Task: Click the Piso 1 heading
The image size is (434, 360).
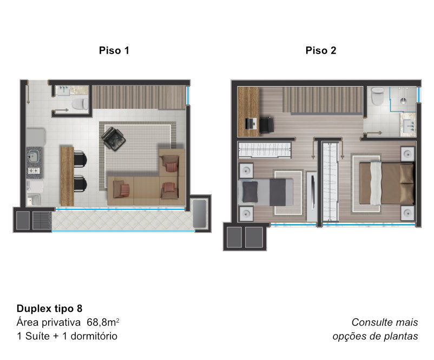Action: [114, 50]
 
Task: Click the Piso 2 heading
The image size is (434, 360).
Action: [321, 50]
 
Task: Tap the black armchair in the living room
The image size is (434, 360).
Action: [114, 139]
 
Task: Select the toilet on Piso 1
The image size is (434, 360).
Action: [80, 104]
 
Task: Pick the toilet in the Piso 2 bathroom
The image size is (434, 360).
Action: [377, 96]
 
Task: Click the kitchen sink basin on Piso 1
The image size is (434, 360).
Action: [33, 157]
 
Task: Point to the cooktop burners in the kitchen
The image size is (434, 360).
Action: [34, 171]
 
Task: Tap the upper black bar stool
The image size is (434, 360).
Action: [80, 159]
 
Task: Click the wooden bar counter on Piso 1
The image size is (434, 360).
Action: [67, 176]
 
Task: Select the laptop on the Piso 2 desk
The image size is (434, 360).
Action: [251, 123]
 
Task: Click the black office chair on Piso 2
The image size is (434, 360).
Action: [266, 125]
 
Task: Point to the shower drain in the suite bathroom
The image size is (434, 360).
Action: [403, 101]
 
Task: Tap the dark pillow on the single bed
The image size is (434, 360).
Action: [250, 191]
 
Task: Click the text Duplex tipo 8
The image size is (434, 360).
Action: [50, 309]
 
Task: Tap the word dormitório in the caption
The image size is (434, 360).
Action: [94, 336]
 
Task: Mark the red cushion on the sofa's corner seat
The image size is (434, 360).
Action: [172, 167]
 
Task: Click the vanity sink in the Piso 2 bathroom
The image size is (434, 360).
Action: [409, 125]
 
